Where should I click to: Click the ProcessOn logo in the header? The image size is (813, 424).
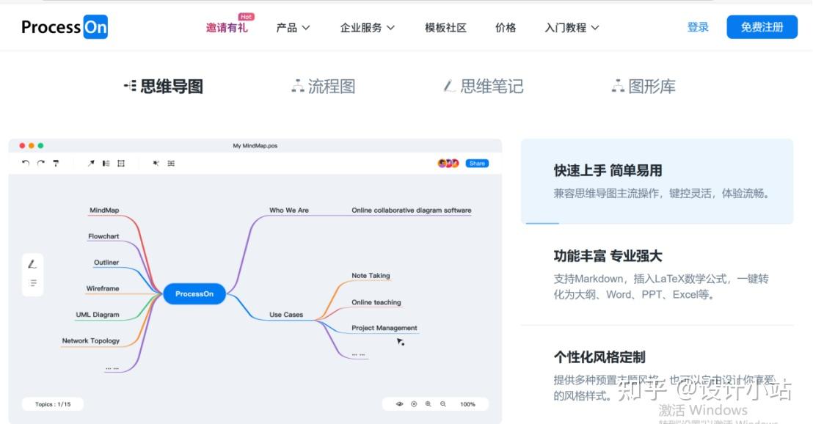coord(65,27)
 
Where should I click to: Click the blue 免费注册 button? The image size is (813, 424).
coord(762,27)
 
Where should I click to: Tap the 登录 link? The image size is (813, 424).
coord(698,27)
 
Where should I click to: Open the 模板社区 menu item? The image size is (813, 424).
coord(445,28)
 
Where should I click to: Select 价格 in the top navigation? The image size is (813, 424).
coord(506,28)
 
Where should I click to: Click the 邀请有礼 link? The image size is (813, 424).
coord(227,28)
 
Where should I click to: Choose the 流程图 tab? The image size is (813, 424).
coord(324,87)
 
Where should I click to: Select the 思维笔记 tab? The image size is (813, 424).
coord(484,87)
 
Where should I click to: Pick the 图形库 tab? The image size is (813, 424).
coord(644,87)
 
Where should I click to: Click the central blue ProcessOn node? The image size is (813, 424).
coord(194,294)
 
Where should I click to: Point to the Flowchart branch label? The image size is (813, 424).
coord(103,237)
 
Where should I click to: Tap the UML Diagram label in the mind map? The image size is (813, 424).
coord(98,315)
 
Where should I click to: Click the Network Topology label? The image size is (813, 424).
coord(91,341)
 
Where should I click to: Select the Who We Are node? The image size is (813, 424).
coord(289,211)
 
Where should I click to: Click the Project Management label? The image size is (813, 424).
coord(384,328)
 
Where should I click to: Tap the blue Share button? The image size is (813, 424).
coord(477,164)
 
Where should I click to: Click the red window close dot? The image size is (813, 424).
coord(22,146)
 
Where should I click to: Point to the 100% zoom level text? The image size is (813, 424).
coord(467,404)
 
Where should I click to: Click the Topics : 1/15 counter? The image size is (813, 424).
coord(53,404)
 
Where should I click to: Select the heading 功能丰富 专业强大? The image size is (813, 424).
coord(608,256)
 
